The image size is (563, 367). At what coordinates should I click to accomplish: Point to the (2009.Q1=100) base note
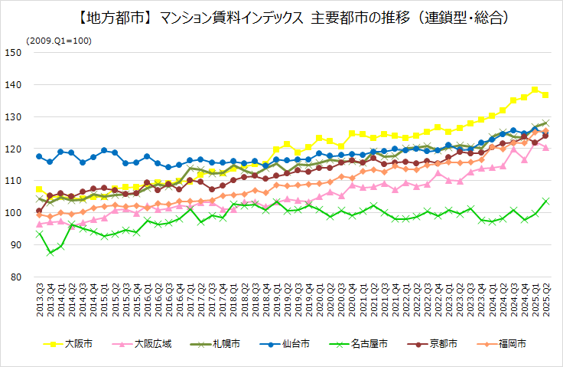[58, 40]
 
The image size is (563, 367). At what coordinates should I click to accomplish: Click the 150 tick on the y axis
[13, 52]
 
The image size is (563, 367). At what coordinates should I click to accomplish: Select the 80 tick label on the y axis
[15, 277]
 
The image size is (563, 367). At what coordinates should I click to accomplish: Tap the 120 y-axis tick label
[13, 149]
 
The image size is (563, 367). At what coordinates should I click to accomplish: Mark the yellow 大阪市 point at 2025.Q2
[545, 94]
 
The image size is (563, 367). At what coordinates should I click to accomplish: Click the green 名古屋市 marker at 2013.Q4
[50, 253]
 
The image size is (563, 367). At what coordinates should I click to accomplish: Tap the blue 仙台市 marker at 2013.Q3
[39, 156]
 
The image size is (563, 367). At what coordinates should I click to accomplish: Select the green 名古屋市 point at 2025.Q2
[545, 201]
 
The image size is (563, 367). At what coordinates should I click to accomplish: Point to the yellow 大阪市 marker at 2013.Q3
[39, 189]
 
